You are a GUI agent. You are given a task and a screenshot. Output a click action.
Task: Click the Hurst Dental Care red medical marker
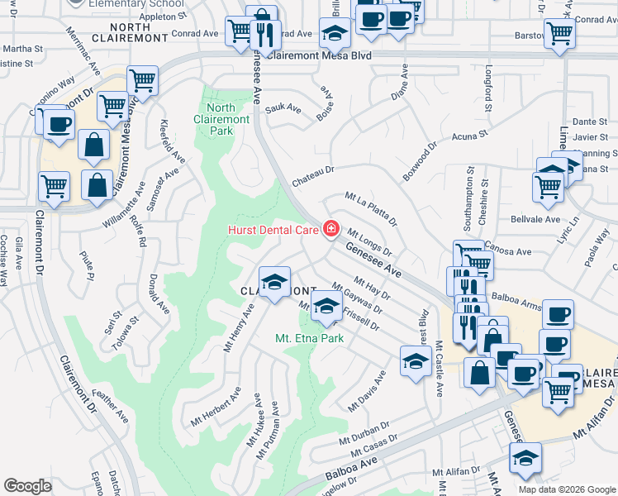tap(331, 228)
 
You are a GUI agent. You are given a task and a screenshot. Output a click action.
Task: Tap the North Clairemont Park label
tap(221, 119)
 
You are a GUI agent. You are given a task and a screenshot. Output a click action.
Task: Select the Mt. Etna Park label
tap(310, 338)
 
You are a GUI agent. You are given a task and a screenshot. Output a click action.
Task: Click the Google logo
tap(27, 485)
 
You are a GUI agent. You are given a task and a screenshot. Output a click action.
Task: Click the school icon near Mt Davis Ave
tap(415, 359)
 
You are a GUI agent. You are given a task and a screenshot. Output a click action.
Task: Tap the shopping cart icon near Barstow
tap(560, 34)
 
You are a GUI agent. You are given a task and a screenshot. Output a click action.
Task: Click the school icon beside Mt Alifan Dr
tap(525, 458)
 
